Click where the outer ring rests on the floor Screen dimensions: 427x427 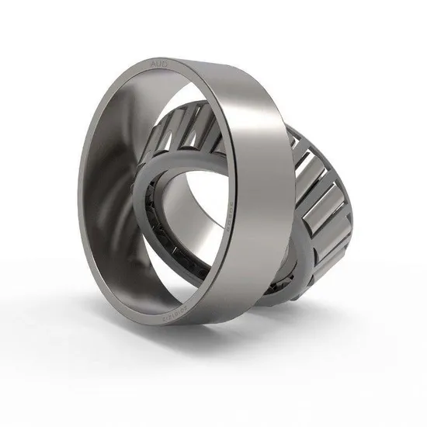167,326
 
